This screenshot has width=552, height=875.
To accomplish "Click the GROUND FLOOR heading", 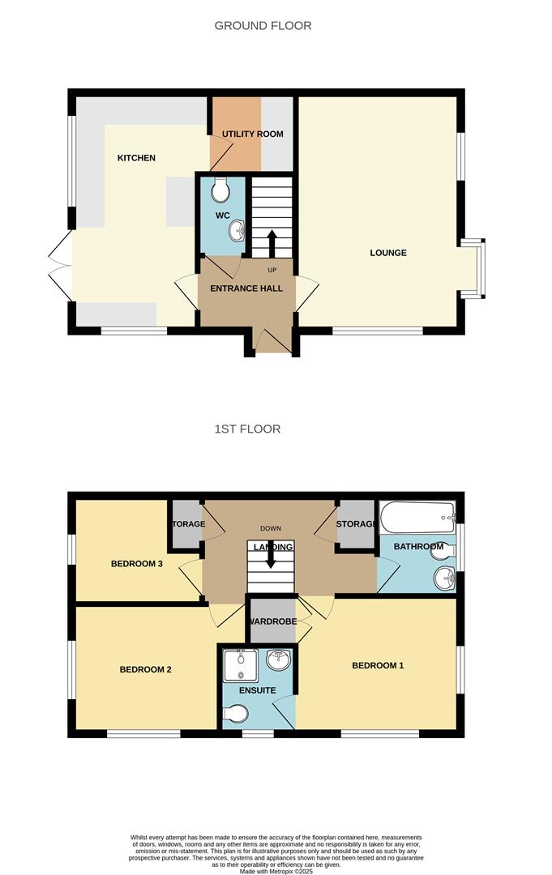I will pos(263,26).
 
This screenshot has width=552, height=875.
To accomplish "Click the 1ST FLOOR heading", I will pos(247,429).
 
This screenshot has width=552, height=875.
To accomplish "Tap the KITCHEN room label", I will pos(136,158).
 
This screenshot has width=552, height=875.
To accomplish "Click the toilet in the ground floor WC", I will pos(220,192).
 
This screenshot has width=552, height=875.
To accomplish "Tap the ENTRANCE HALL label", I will pos(246,288).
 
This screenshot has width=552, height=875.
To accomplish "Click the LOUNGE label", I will pos(388,253).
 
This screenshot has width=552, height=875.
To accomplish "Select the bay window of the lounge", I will pos(474,268).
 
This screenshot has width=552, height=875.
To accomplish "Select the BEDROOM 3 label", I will pos(137,564).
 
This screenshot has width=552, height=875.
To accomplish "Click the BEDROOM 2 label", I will pos(145,669).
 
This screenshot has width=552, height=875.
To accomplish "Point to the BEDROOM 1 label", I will pos(377,665).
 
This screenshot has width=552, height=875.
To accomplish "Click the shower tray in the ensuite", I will pos(240,665).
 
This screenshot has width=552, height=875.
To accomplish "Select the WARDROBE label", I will pos(272,622).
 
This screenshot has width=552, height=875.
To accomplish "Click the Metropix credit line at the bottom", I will pos(276,870).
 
